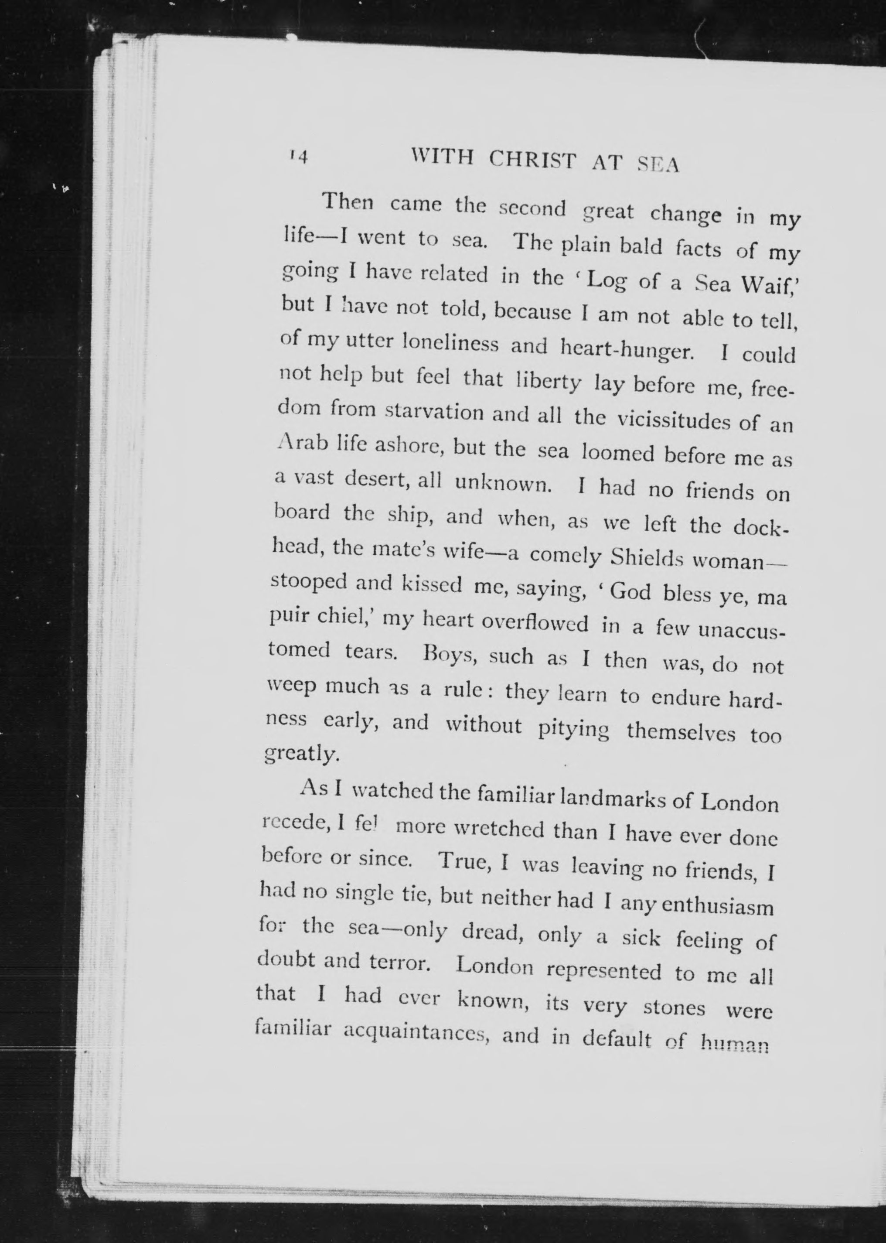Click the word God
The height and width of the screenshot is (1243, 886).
(x=630, y=591)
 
